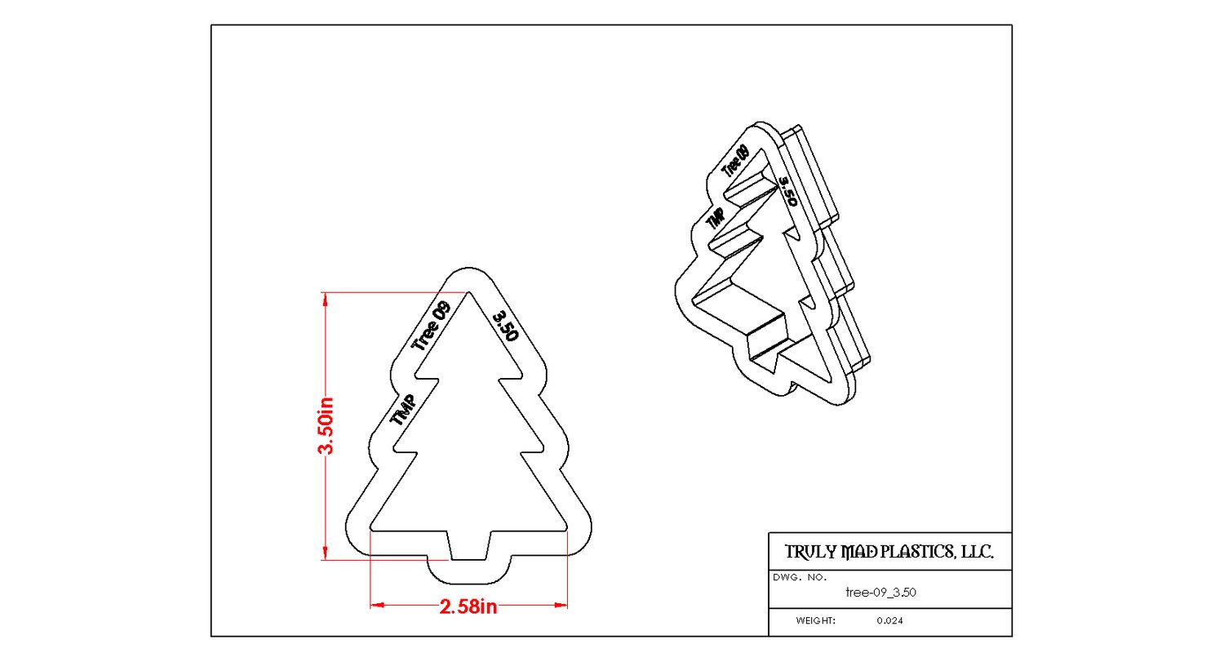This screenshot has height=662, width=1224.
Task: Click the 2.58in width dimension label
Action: (468, 606)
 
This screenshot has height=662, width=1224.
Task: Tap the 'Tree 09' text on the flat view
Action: (431, 326)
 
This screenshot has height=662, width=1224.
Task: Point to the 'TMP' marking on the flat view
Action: (404, 409)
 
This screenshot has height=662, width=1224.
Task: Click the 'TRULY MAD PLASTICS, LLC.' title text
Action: (889, 553)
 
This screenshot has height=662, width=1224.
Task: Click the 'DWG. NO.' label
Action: (799, 577)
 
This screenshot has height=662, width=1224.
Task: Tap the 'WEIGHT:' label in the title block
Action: (816, 621)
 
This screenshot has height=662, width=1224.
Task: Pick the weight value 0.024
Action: (890, 621)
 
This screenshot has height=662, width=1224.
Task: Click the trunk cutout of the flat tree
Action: (469, 544)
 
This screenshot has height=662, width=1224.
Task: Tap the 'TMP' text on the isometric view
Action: (716, 218)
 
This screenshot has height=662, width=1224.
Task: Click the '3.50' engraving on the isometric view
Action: (787, 191)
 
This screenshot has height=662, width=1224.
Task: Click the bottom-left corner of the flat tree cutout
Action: (371, 530)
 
